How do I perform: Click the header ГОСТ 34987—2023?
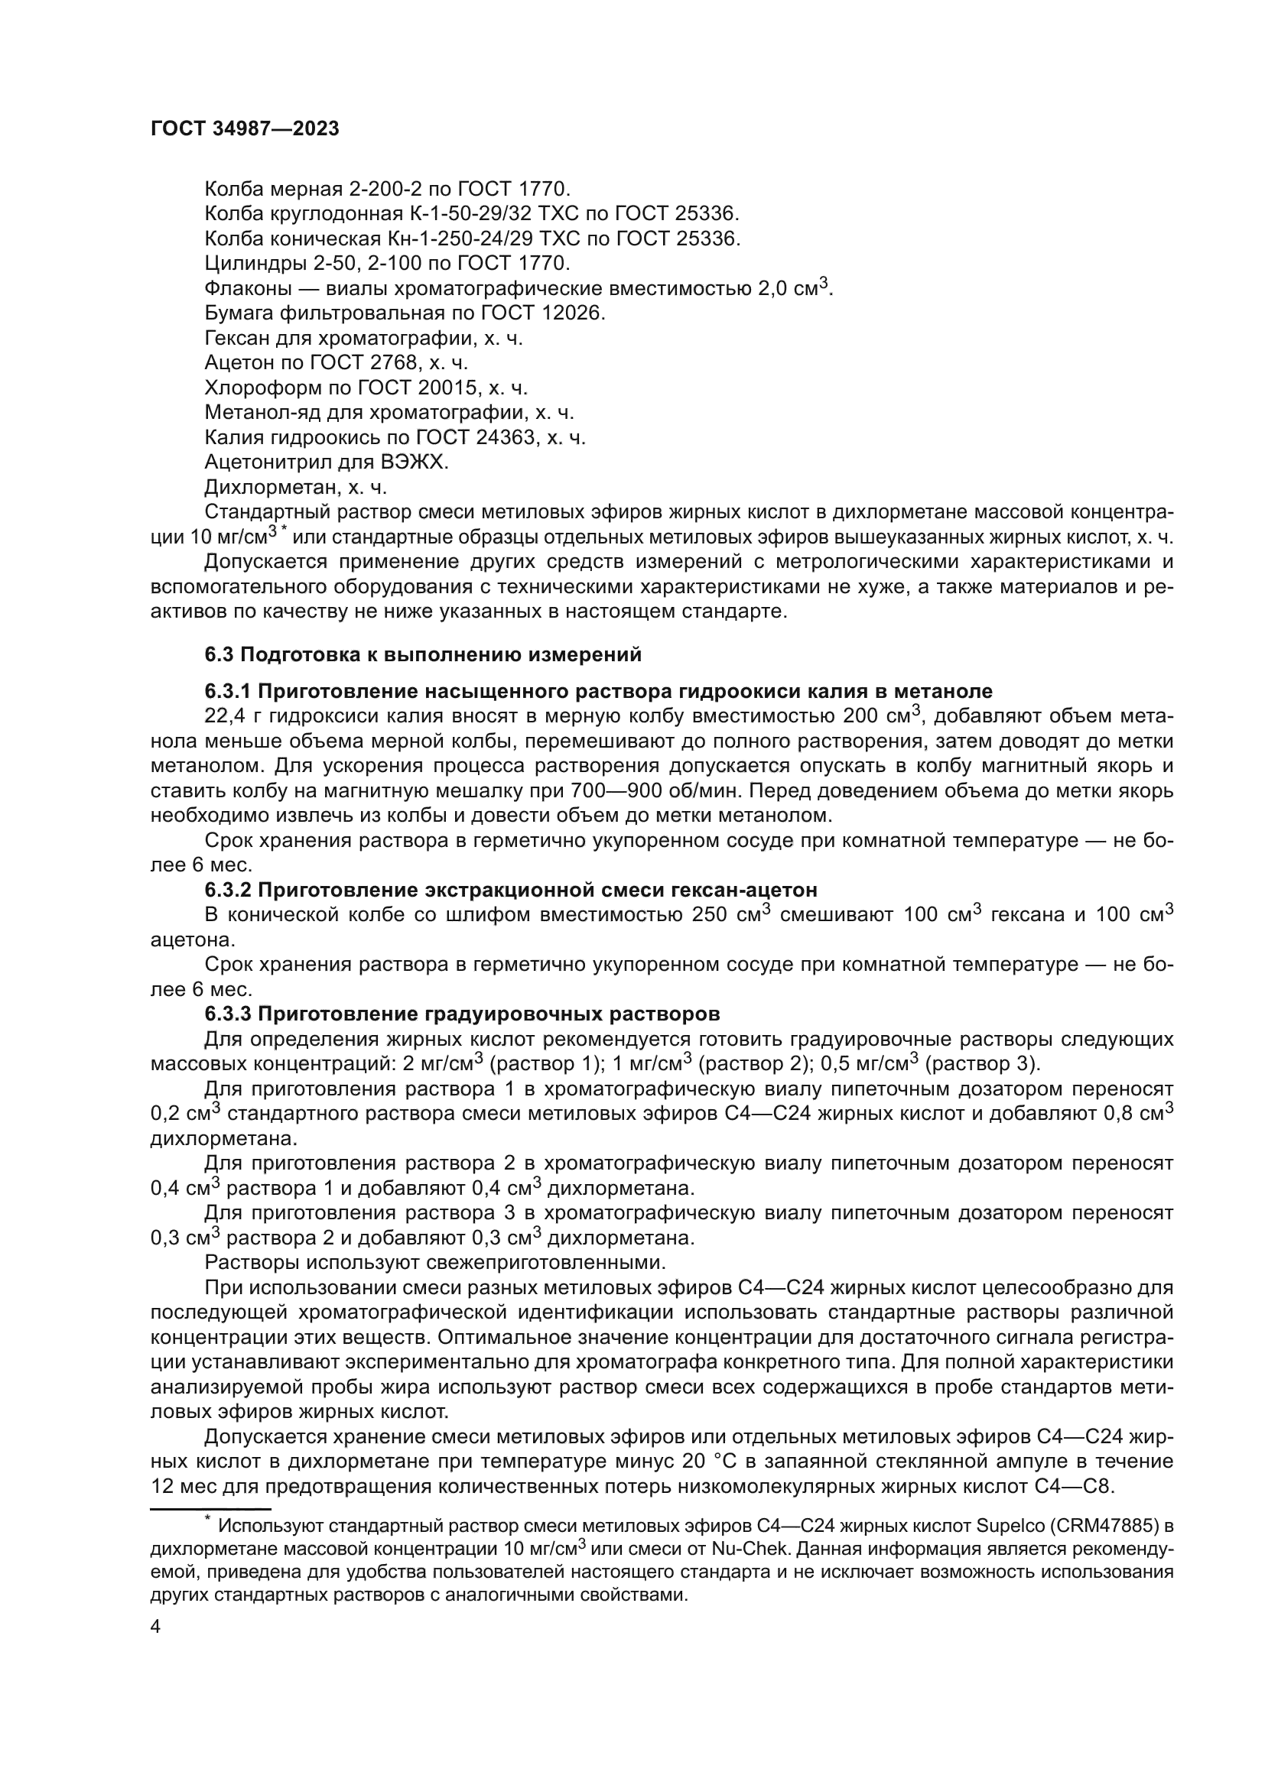click(x=245, y=129)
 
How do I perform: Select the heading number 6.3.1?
click(x=228, y=691)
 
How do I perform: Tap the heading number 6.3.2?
click(x=228, y=889)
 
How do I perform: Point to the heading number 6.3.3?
click(x=228, y=1014)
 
